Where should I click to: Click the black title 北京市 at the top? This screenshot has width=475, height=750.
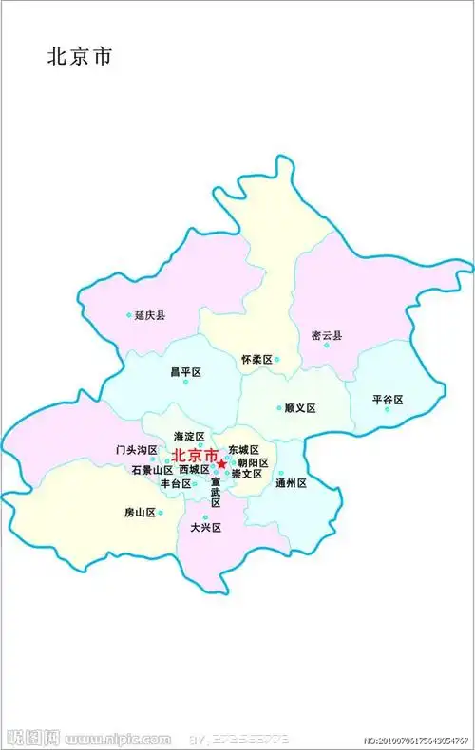[80, 57]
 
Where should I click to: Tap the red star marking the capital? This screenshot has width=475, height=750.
[221, 463]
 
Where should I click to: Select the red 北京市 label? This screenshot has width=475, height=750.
[193, 455]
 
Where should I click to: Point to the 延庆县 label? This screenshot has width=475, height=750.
[149, 315]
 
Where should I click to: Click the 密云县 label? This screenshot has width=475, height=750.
[327, 335]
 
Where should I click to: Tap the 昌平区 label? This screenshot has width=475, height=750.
[185, 372]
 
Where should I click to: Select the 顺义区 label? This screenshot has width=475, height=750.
[300, 408]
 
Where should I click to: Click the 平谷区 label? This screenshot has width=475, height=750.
[388, 400]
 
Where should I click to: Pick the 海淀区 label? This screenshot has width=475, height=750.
[189, 436]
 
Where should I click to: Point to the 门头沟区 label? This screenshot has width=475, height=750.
[137, 449]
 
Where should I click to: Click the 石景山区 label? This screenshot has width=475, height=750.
[152, 470]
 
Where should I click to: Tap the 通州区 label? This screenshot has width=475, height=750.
[291, 483]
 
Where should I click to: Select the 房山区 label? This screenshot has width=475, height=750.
[140, 513]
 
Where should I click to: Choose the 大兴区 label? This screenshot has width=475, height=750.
[205, 527]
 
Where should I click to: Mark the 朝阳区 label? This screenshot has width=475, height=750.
[253, 462]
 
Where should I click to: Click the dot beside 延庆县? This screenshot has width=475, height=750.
[129, 315]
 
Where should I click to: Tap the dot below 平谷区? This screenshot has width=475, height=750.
[387, 409]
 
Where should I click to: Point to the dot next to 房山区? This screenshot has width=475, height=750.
[161, 513]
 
